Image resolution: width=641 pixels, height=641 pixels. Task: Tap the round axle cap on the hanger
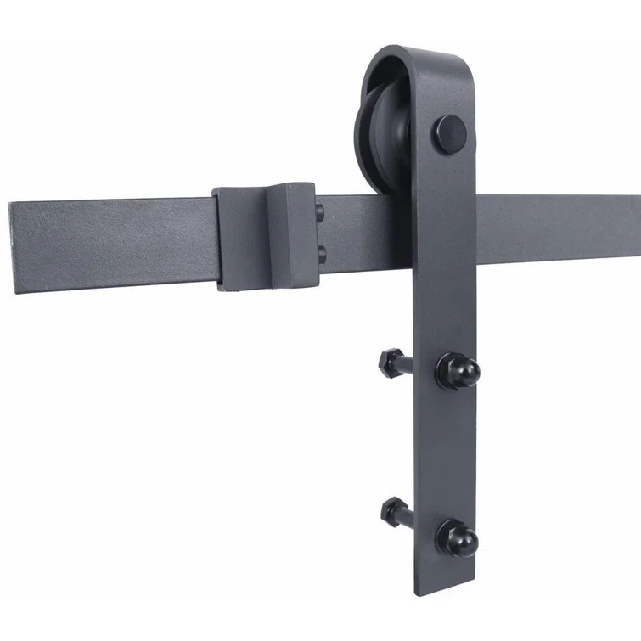click(x=451, y=132)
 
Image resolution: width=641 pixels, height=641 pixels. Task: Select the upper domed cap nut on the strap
click(x=458, y=368)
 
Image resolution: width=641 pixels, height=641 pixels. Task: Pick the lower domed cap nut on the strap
click(x=458, y=537)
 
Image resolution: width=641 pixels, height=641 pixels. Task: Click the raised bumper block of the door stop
click(x=293, y=233)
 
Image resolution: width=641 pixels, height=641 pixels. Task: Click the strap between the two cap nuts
click(x=446, y=450)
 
